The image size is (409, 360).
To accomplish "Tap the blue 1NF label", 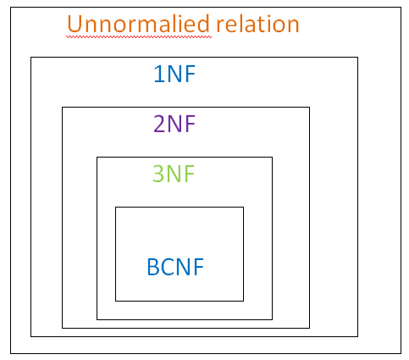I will point(175,75).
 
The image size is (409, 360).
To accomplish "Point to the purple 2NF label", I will point(175,125).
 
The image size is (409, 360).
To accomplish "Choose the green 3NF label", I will point(174,174).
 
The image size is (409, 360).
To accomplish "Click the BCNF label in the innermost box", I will point(175,268).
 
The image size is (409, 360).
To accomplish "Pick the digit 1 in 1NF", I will point(158,75).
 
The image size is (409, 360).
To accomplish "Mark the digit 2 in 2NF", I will point(159,125).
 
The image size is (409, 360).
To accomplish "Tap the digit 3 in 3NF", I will point(158,174).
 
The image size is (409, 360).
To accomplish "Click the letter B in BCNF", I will point(152,268).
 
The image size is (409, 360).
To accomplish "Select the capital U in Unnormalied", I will point(74,24).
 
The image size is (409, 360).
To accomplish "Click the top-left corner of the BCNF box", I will point(116,207).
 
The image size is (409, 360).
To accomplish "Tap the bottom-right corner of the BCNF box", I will point(243,301).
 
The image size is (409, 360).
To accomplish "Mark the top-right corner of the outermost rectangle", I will point(401,8).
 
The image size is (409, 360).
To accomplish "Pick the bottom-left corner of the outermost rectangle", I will point(10,352).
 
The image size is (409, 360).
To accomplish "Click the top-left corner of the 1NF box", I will point(31,58).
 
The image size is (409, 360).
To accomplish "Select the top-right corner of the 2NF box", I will point(309,108).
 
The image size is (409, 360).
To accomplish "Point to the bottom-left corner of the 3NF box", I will point(97,319).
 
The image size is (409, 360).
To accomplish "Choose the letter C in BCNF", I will point(167,268).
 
